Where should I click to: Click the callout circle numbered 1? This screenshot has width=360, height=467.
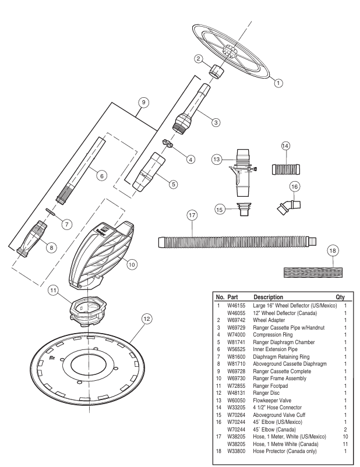click(278, 83)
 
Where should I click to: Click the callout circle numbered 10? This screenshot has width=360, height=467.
click(132, 264)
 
